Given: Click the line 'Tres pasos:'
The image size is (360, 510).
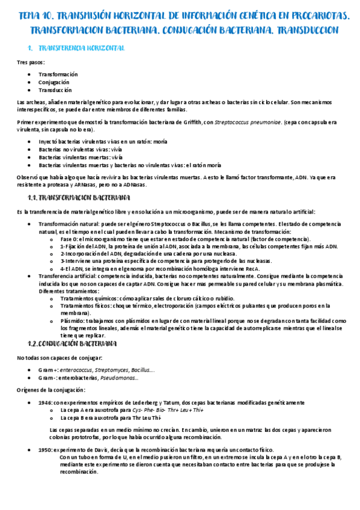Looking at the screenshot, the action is [x=31, y=62].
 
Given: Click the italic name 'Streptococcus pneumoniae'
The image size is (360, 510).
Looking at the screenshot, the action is [x=248, y=122].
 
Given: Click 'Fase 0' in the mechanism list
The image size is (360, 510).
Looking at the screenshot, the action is [x=69, y=239].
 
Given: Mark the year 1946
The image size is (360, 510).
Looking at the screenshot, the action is [x=44, y=402].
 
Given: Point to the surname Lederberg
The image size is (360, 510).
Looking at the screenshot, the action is [x=157, y=402].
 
